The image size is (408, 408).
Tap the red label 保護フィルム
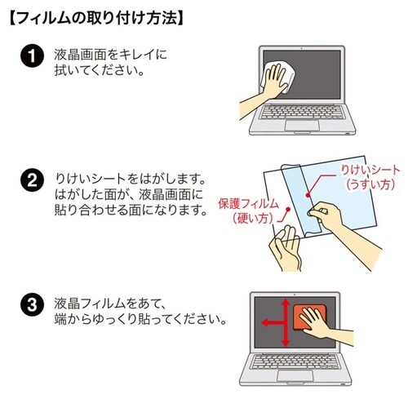248,202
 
